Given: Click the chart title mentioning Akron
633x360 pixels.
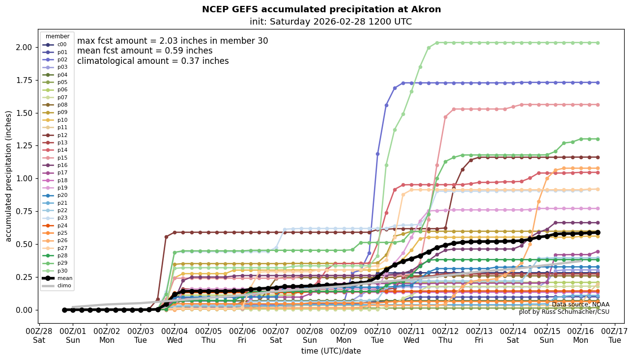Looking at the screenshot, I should click(x=321, y=9).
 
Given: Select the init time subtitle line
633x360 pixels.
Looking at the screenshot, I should click(x=330, y=22).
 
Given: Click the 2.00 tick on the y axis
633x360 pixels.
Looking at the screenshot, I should click(x=26, y=47).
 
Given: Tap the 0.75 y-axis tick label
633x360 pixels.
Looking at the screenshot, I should click(x=26, y=211).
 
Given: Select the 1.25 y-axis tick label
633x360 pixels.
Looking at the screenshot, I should click(x=26, y=146).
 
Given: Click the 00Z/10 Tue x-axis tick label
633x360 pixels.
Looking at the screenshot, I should click(x=377, y=336).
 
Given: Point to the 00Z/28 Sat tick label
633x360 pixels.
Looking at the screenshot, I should click(x=39, y=336).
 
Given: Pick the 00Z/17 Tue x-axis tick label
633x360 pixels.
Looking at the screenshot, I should click(x=615, y=336).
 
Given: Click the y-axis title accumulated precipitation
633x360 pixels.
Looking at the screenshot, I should click(x=8, y=176).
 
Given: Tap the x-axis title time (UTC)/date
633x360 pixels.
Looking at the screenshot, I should click(x=331, y=351).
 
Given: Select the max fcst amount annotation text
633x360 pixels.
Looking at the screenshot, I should click(x=173, y=41).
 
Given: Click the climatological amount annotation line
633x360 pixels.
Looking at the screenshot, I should click(x=153, y=61).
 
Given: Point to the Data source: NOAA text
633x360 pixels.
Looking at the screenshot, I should click(x=580, y=305).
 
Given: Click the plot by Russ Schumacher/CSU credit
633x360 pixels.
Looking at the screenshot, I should click(x=564, y=312).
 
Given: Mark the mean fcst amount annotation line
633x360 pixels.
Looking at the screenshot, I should click(x=145, y=51).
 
